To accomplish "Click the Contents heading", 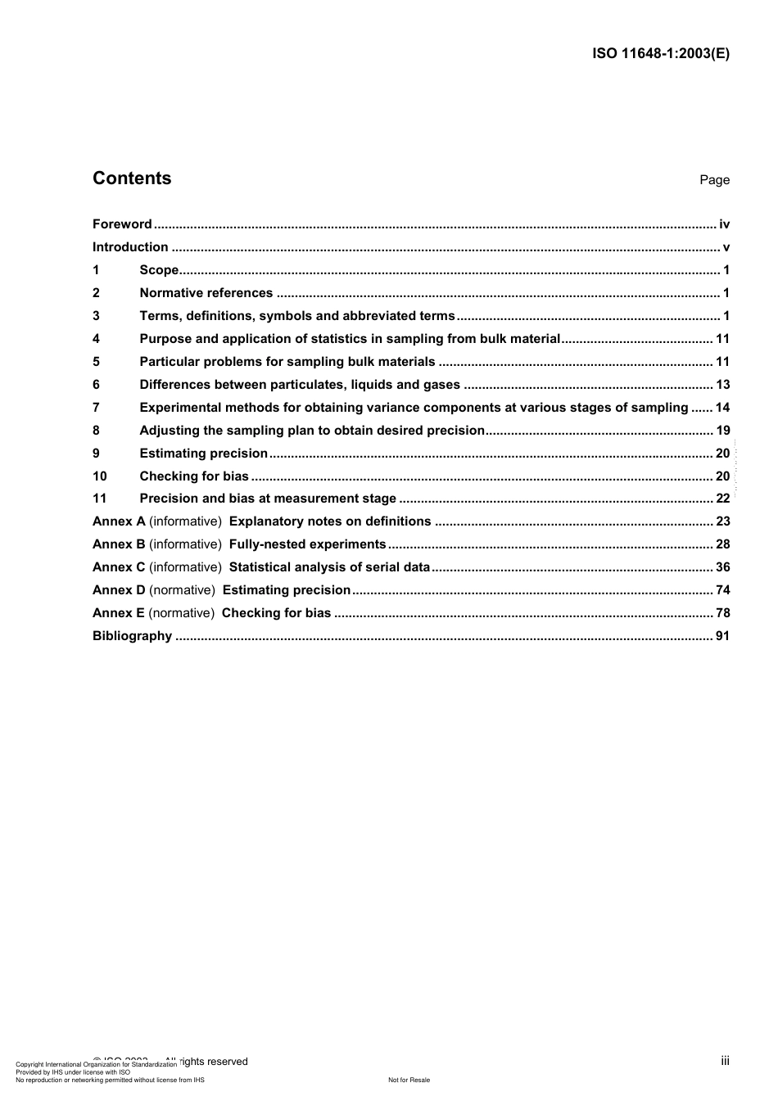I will (132, 178).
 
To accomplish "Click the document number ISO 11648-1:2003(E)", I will (660, 54).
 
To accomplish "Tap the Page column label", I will (714, 180).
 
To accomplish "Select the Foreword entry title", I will (122, 224).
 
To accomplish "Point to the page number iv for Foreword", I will (724, 224).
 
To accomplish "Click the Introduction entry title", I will (130, 247).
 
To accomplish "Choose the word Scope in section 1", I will (159, 270).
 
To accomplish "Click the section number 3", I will (96, 316).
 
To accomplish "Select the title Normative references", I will (206, 293).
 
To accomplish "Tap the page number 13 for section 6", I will (722, 385).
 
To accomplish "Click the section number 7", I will (96, 408).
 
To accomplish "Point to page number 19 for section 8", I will (722, 431).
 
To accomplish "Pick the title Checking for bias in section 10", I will (194, 476).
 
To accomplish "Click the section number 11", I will (99, 499).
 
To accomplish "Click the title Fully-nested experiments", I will (307, 544).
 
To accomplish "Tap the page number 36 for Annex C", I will (722, 567).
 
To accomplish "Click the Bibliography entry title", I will (132, 636).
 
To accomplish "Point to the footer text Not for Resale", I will (409, 1080).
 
